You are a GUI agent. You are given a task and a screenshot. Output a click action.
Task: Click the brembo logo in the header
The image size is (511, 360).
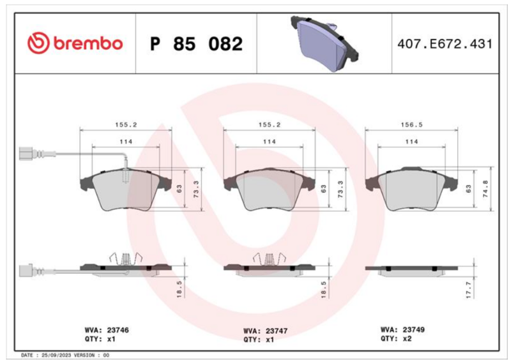(x=75, y=43)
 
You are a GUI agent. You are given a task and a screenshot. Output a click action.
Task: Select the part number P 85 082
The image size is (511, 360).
(x=196, y=43)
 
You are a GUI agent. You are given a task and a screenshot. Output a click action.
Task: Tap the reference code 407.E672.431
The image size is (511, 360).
(x=445, y=43)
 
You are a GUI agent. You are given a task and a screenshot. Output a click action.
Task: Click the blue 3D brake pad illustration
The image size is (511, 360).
(x=324, y=43)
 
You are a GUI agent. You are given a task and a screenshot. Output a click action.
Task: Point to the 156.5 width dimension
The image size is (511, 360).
(x=411, y=124)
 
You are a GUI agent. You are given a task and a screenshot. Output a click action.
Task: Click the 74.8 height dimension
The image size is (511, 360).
(x=485, y=189)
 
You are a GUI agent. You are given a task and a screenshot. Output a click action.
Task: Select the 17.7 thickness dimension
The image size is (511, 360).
(x=469, y=290)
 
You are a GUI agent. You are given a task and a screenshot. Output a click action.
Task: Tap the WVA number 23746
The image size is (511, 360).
(x=118, y=330)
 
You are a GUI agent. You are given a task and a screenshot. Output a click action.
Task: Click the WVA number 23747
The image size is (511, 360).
(x=277, y=331)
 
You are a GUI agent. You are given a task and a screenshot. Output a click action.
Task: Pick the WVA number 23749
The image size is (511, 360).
(x=413, y=330)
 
